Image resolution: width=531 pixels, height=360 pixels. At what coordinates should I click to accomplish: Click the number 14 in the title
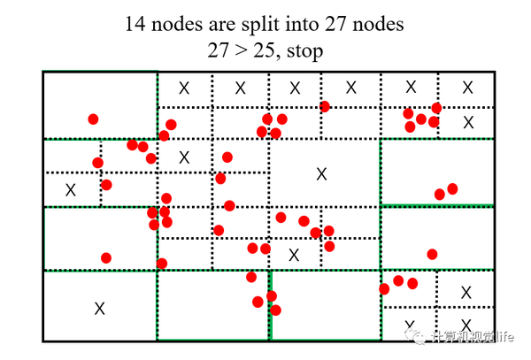(138, 25)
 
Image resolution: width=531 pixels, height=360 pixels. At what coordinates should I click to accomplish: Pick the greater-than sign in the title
(237, 50)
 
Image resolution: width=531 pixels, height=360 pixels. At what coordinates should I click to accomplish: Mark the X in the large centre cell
(321, 174)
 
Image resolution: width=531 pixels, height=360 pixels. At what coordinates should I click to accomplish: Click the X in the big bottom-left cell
(99, 308)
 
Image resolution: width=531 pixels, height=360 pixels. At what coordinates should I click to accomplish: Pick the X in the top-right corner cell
(468, 88)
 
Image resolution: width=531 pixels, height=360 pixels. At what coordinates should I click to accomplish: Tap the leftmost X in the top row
(184, 88)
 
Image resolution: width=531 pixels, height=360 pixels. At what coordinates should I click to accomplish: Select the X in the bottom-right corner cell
(466, 324)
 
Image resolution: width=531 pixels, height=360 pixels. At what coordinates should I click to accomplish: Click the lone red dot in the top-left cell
(93, 119)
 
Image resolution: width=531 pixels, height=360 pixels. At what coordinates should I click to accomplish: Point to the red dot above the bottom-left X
(106, 258)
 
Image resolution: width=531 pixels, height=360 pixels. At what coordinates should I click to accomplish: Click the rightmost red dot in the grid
(452, 188)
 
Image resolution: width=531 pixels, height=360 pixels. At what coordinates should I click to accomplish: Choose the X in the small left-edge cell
(71, 189)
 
